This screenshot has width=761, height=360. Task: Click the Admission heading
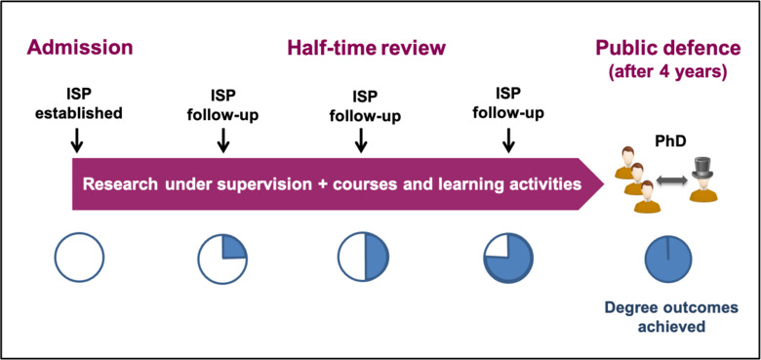coord(79,48)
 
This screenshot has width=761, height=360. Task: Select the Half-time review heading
coord(366,48)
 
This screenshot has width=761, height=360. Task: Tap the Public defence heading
coord(670,48)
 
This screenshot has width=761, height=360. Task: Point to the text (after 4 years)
coord(670,72)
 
